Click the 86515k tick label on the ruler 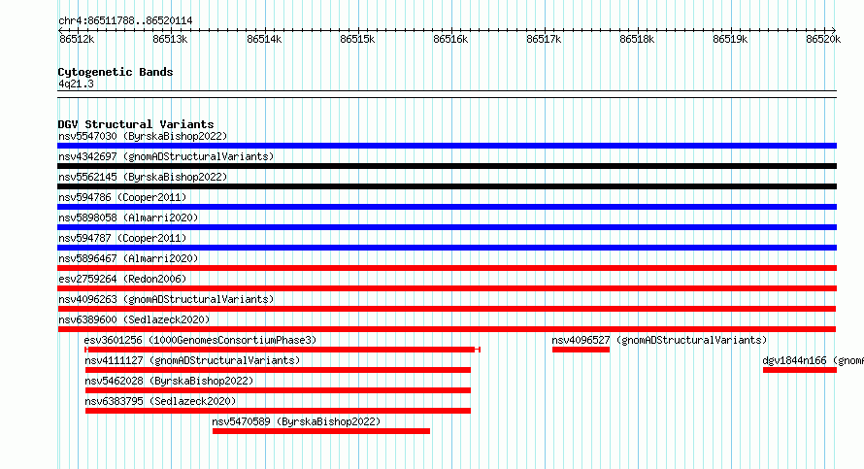(x=357, y=39)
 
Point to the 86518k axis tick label (x=637, y=39)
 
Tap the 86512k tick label (x=77, y=39)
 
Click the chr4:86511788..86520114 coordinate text (x=125, y=21)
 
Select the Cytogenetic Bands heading (x=116, y=72)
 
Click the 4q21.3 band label (x=76, y=84)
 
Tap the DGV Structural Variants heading (x=136, y=124)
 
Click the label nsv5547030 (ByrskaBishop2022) (x=143, y=136)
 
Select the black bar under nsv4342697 (x=447, y=166)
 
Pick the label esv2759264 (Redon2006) (x=122, y=279)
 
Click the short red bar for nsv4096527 (x=581, y=350)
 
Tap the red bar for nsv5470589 (x=321, y=431)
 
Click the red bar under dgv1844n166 (x=800, y=370)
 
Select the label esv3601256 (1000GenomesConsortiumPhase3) (x=200, y=340)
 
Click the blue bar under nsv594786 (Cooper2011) (x=447, y=207)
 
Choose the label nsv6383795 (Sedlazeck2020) (x=160, y=401)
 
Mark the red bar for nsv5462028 (x=279, y=390)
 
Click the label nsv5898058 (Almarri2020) (x=128, y=218)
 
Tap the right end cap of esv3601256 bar (x=478, y=350)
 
